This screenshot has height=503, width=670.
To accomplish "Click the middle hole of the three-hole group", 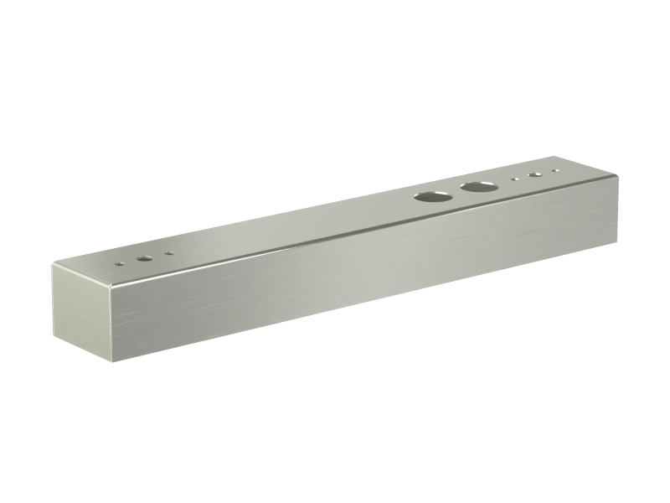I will pyautogui.click(x=145, y=258).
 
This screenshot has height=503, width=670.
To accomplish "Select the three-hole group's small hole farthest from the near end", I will pyautogui.click(x=169, y=253).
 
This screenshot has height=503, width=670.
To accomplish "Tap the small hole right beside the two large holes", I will pyautogui.click(x=515, y=179).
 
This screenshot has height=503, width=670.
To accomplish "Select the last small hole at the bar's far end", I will pyautogui.click(x=554, y=172).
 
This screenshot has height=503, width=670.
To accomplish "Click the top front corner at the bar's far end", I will pyautogui.click(x=617, y=175).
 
